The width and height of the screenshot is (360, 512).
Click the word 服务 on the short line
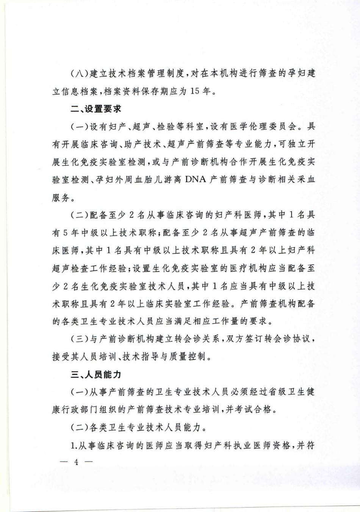(x=61, y=198)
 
